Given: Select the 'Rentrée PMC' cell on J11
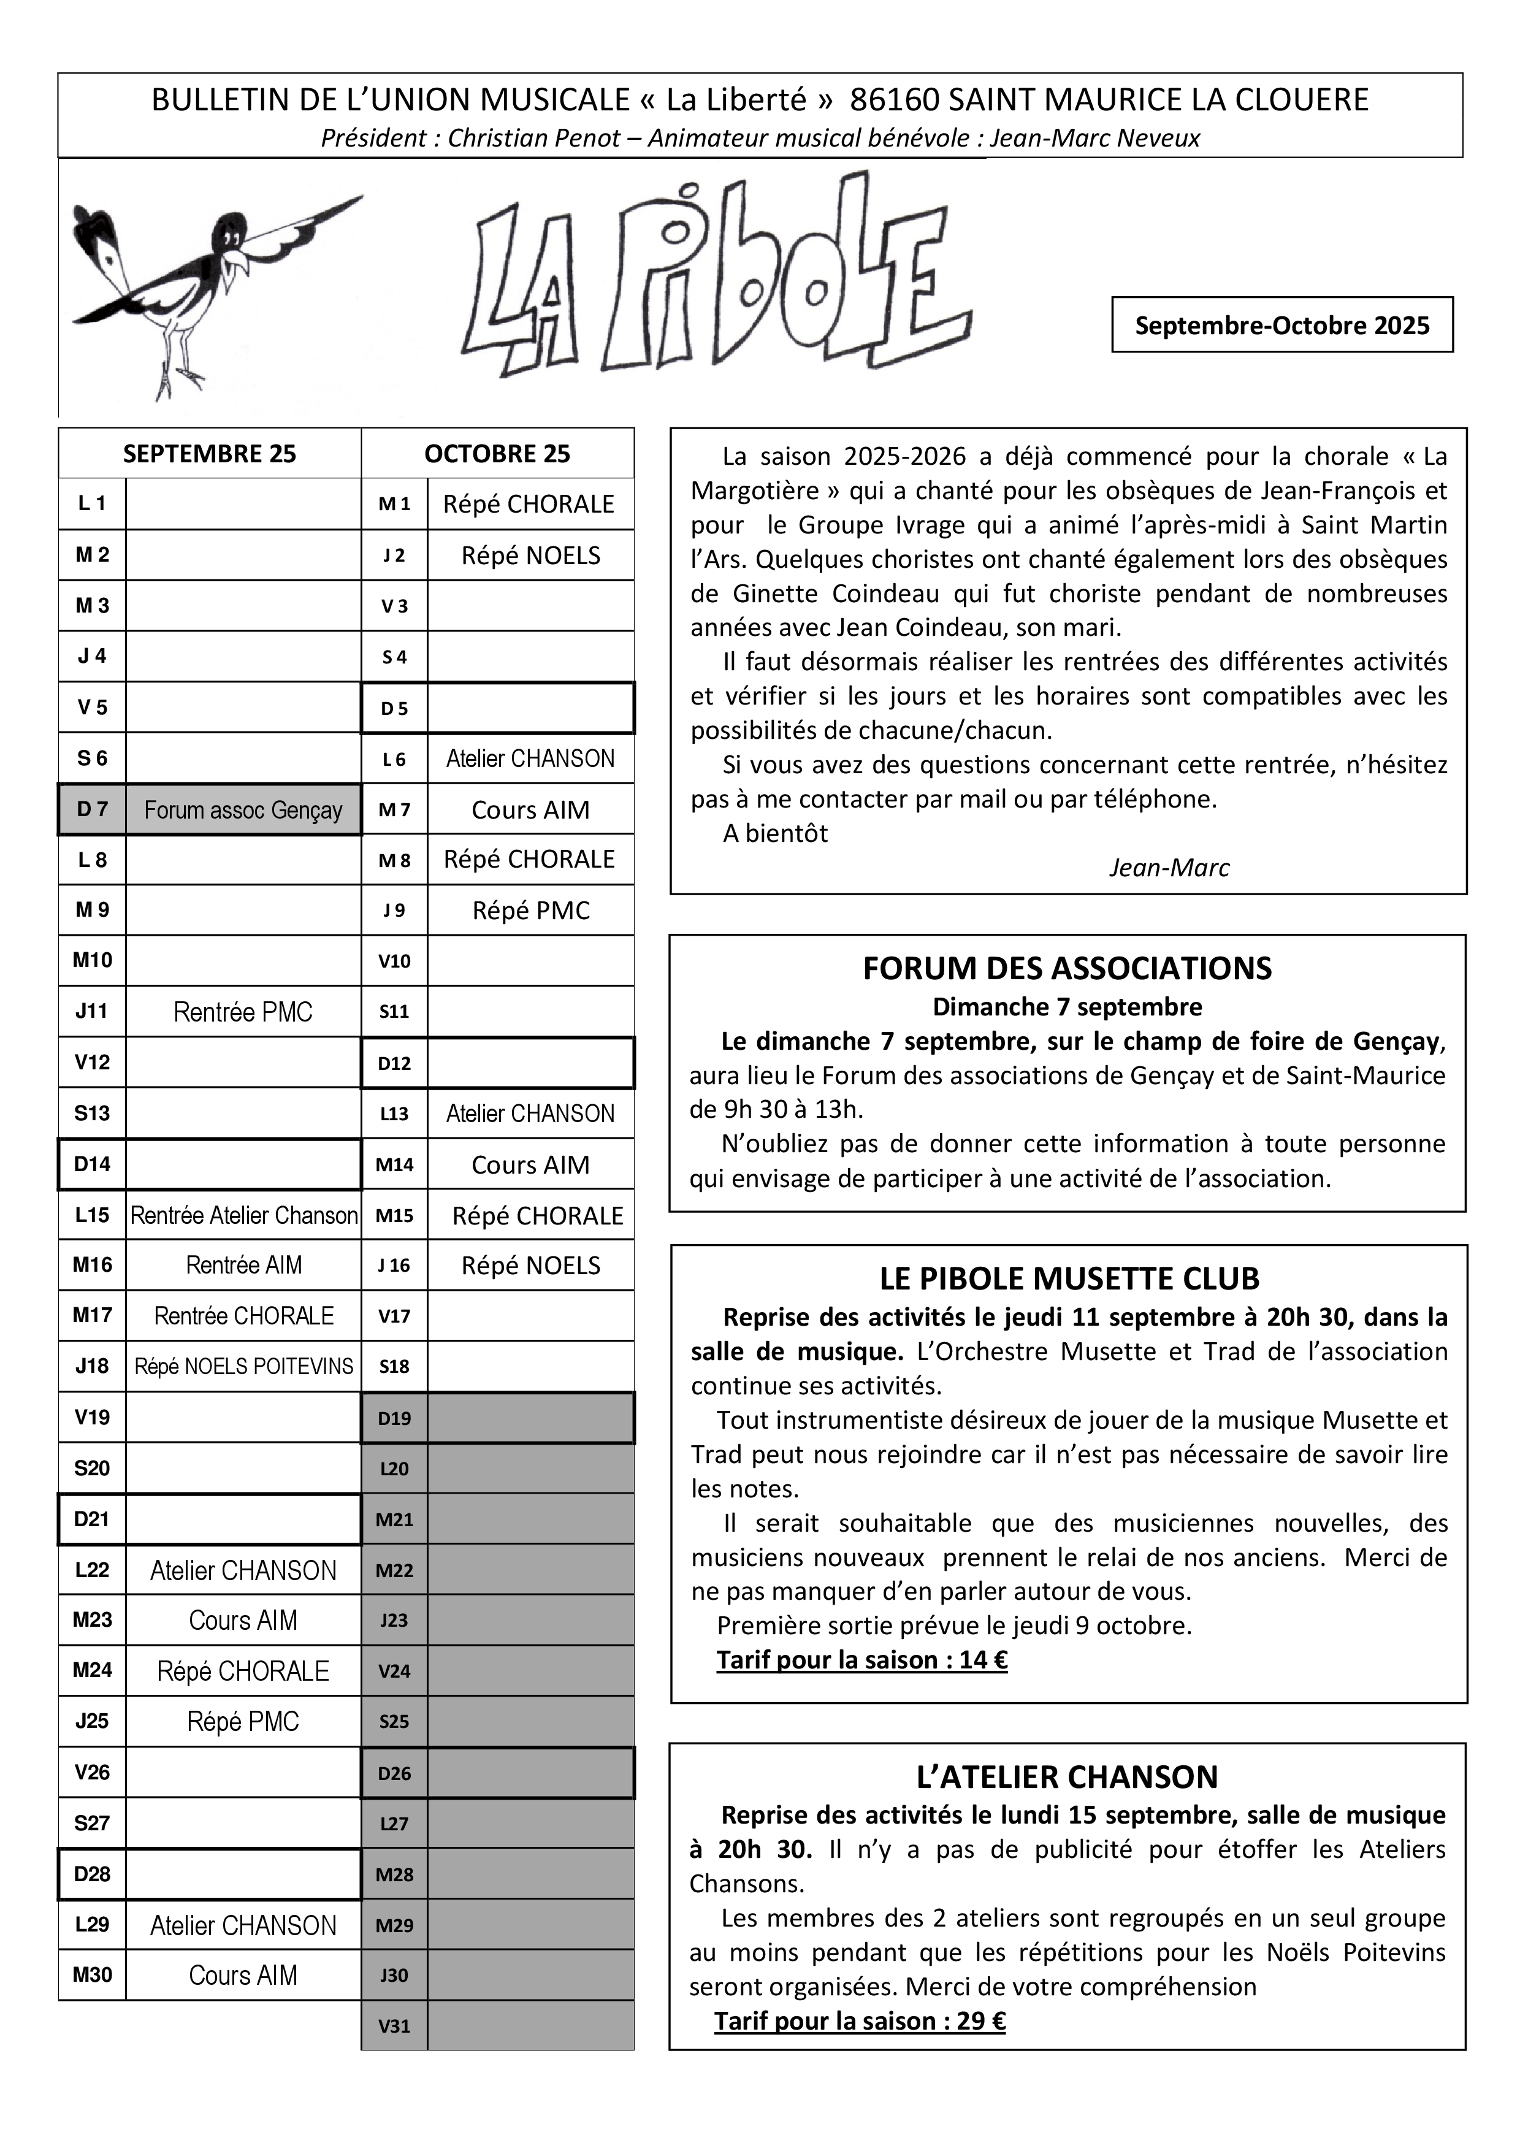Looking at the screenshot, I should click(243, 1012).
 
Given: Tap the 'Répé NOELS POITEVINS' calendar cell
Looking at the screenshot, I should click(243, 1367).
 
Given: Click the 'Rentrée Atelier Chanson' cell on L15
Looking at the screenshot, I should click(243, 1215).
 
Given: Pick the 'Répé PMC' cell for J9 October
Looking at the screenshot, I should click(530, 911).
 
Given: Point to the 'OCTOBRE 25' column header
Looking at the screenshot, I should click(497, 454).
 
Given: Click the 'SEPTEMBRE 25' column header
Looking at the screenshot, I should click(209, 454).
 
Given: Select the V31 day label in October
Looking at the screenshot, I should click(394, 2025).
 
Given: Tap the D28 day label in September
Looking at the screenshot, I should click(92, 1874).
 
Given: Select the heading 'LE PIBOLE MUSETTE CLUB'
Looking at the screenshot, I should click(1069, 1279).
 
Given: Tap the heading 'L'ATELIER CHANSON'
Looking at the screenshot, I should click(1067, 1777).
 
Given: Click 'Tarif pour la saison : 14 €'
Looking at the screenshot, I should click(861, 1660).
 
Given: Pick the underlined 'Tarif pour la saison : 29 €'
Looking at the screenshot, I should click(860, 2021).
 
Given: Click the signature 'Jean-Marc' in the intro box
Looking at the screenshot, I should click(1168, 868).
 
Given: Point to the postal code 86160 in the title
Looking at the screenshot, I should click(895, 100).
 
